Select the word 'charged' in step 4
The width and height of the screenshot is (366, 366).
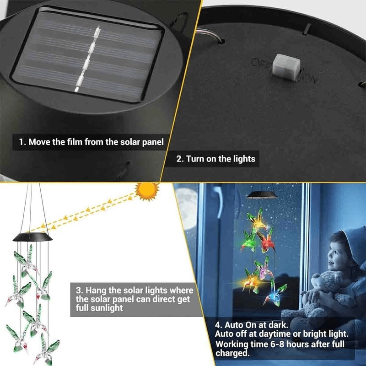[x=231, y=353]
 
